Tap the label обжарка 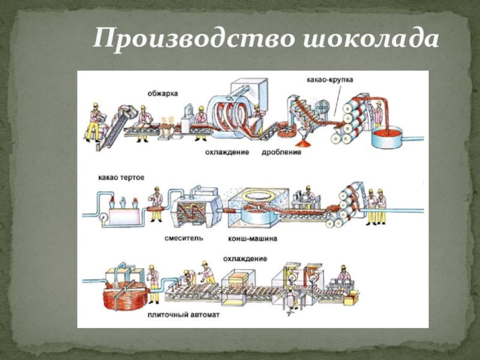click(x=163, y=93)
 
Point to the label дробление click(x=281, y=152)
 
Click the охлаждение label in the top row click(x=227, y=152)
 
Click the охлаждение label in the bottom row click(x=245, y=259)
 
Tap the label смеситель click(x=184, y=238)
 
